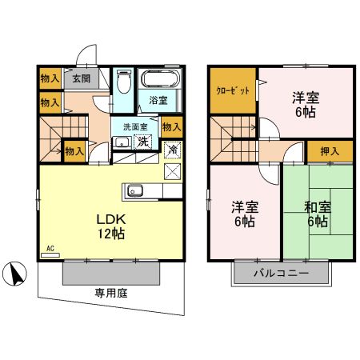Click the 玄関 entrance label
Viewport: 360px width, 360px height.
point(78,78)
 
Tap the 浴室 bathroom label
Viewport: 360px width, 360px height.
point(158,100)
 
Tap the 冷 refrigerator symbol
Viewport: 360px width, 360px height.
point(171,149)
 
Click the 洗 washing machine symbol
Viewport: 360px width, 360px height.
point(143,142)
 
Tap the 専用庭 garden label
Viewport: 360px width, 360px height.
point(111,293)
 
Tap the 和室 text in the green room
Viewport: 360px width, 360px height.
point(318,206)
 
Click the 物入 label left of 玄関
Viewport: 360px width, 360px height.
point(49,78)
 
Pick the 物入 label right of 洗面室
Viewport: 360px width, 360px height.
point(170,126)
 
